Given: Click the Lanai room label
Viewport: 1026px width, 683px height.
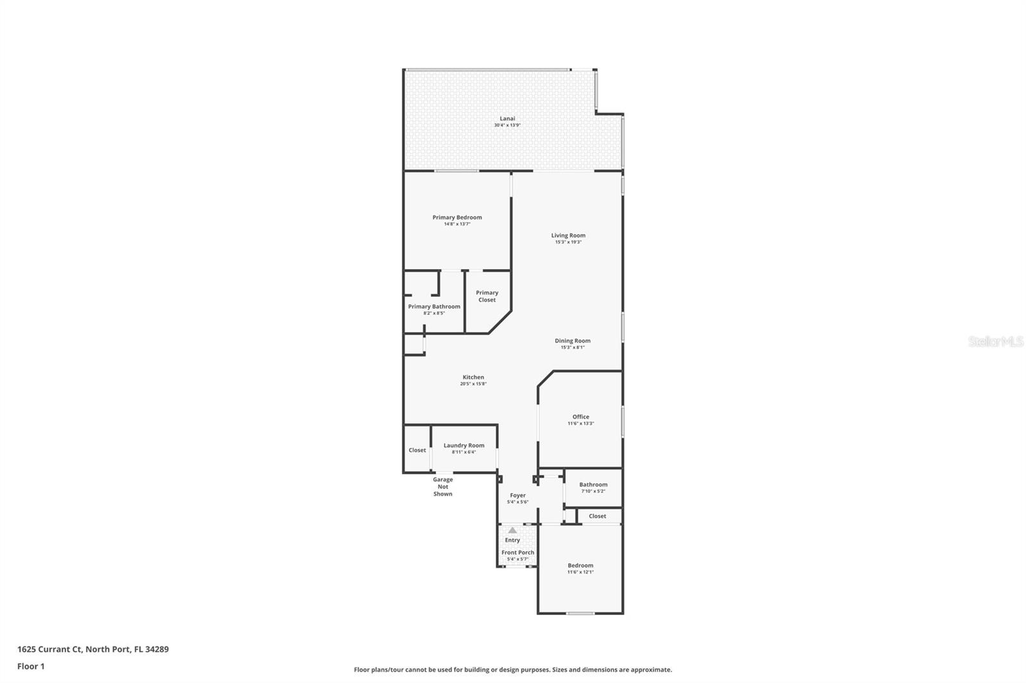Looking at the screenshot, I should tap(507, 119).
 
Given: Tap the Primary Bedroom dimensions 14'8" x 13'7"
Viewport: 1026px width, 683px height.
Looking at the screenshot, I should tap(457, 224).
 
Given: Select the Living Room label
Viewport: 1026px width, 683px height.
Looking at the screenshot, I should tap(568, 235).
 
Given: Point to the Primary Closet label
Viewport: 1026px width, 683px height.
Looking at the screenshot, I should tap(487, 296).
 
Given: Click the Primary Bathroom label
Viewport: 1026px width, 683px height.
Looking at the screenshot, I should tap(434, 306).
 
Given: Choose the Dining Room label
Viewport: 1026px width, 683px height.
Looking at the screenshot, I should tap(573, 341).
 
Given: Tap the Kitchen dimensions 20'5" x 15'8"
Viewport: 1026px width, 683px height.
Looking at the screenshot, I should tap(473, 384).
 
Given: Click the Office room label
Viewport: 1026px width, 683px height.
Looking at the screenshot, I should tap(581, 416).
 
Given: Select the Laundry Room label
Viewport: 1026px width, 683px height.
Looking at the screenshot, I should tap(464, 445).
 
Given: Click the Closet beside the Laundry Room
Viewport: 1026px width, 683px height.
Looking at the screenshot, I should tap(417, 450).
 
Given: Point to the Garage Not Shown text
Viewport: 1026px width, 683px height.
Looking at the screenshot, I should tap(442, 486).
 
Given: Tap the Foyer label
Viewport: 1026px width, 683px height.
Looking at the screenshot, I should tap(517, 495).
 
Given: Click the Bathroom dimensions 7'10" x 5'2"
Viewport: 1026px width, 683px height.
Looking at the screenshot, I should tap(593, 491).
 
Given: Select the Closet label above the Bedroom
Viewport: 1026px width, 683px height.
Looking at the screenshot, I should tap(597, 516).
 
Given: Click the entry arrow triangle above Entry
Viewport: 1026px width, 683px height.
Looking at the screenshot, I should tap(512, 531).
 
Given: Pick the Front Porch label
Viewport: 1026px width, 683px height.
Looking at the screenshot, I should tap(517, 552).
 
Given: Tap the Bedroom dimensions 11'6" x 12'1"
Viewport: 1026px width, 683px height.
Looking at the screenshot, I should tap(580, 572).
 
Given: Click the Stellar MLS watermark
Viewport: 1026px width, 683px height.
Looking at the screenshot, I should tap(995, 341).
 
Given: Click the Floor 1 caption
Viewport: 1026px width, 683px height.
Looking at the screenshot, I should tap(31, 666).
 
